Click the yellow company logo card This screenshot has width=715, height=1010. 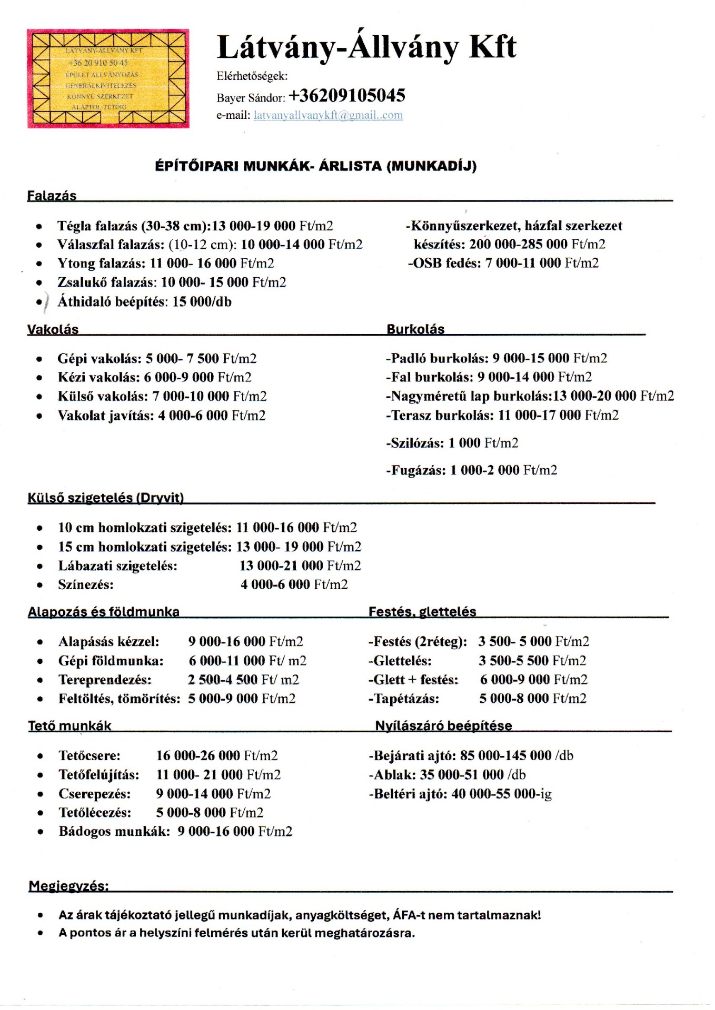[108, 78]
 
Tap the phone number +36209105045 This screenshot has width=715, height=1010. [347, 95]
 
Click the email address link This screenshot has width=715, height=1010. [328, 115]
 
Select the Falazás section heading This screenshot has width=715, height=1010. [52, 196]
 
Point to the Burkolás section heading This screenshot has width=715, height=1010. [415, 329]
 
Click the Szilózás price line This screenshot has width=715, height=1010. [452, 442]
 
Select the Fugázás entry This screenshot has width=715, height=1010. [471, 470]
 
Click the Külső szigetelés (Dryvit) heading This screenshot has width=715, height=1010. [105, 498]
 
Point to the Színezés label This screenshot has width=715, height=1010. [86, 584]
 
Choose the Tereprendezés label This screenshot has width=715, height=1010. [105, 679]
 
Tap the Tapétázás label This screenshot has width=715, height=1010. [403, 698]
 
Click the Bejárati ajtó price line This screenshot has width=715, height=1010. [471, 755]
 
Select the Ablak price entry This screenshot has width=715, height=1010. [446, 774]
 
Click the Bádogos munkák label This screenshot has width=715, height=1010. [114, 831]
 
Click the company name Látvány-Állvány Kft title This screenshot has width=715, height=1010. [366, 47]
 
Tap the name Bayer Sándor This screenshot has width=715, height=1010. [251, 98]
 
